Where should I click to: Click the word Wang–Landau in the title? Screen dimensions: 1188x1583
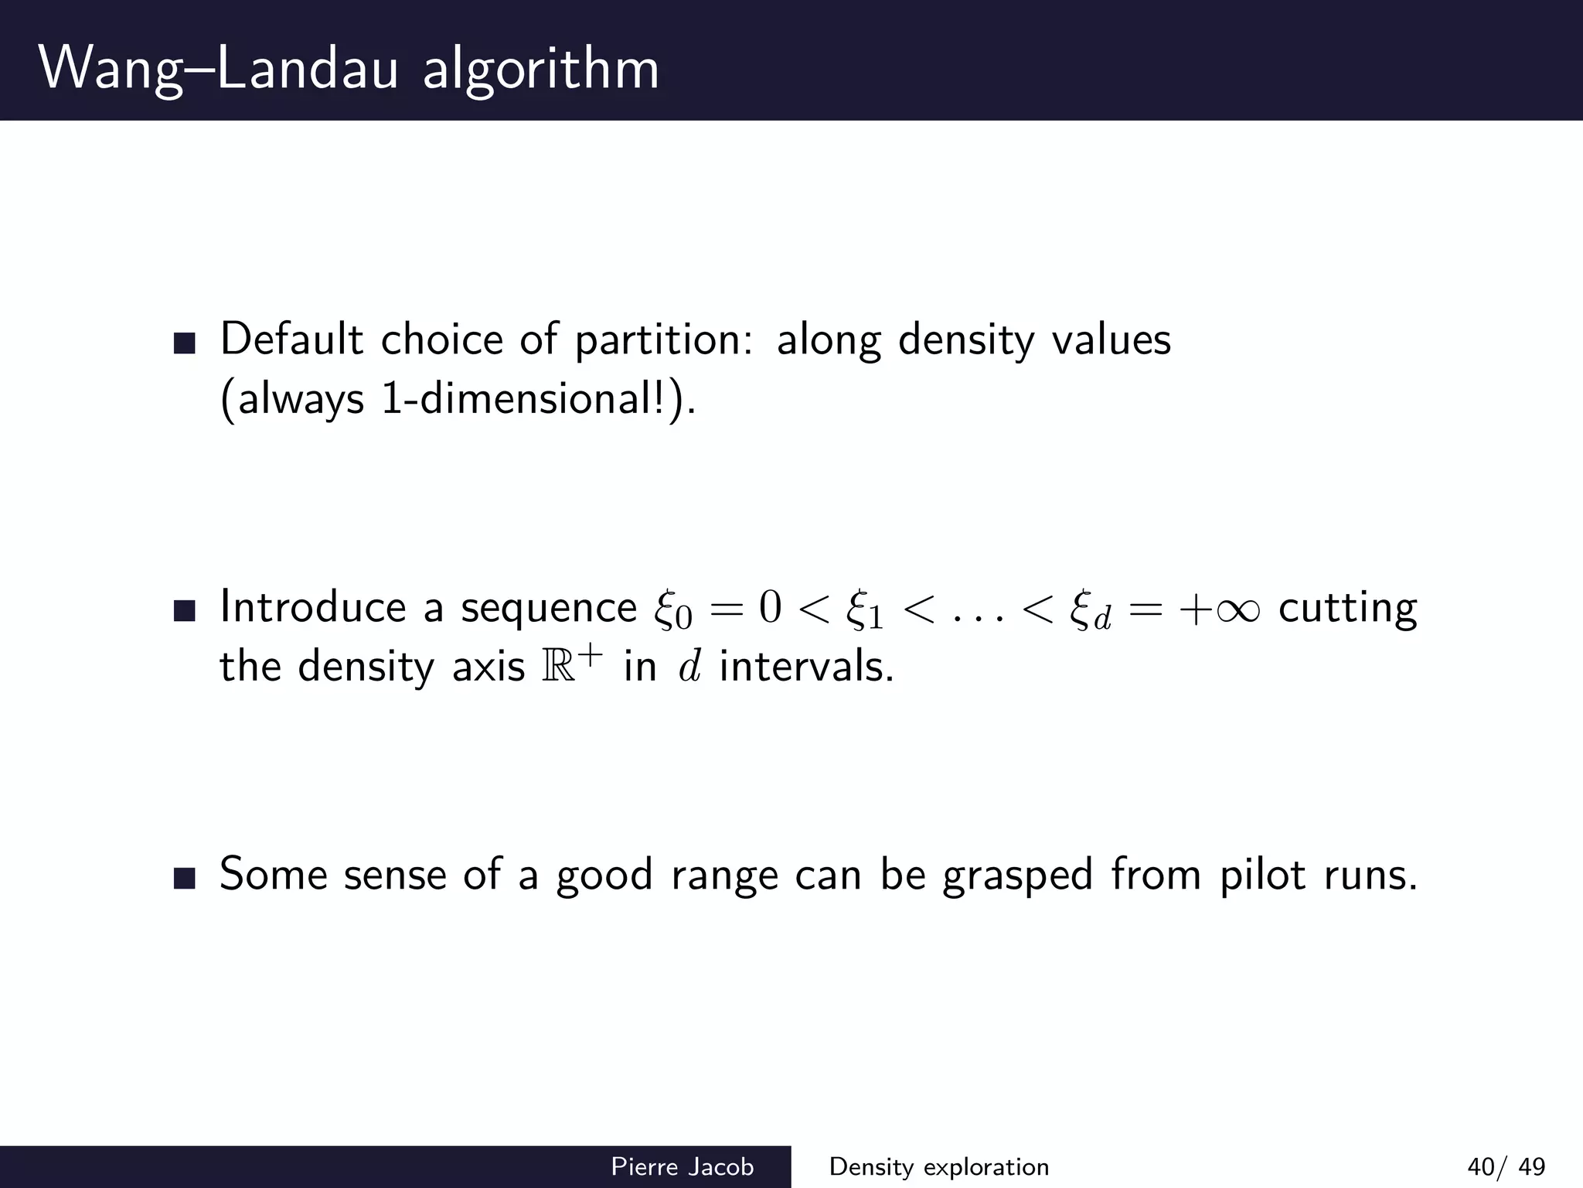pos(218,70)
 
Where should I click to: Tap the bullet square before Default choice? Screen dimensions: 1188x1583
pos(185,343)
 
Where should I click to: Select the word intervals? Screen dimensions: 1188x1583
pos(806,667)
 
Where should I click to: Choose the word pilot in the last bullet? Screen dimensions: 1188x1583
pos(1263,876)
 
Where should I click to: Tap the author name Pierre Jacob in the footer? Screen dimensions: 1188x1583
pos(682,1166)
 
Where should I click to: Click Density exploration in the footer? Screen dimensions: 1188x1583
pos(939,1166)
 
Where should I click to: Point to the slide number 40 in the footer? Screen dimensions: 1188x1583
pos(1481,1166)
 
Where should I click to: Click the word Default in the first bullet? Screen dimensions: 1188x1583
pos(291,340)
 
